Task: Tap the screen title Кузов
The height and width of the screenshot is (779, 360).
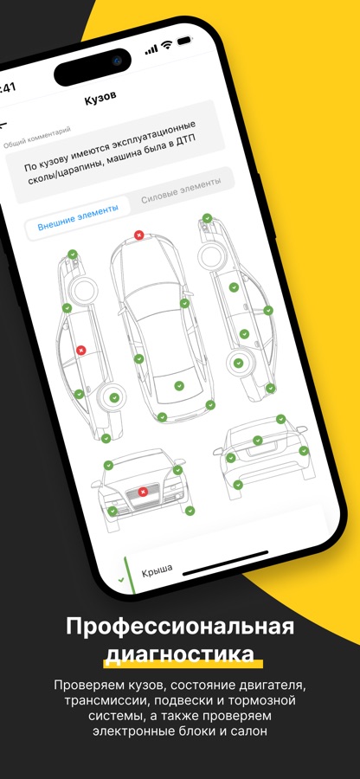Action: tap(100, 98)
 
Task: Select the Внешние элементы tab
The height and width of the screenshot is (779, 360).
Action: tap(79, 217)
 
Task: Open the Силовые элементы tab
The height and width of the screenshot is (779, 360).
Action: tap(181, 190)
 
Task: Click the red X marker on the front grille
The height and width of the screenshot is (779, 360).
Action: tap(144, 492)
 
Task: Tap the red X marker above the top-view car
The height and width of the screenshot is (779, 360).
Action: tap(139, 235)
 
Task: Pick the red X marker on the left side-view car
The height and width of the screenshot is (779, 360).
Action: tap(81, 351)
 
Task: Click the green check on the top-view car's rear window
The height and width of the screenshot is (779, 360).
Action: tap(179, 385)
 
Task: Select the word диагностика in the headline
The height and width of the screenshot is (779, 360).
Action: tap(180, 654)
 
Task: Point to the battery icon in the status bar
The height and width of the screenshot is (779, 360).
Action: tap(184, 40)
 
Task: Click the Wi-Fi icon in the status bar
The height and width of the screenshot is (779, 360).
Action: tap(166, 45)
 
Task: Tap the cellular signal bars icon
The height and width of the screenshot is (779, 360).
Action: tap(151, 49)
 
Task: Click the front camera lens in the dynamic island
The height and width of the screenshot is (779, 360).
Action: tap(117, 61)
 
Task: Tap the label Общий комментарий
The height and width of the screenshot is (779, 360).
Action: tap(36, 137)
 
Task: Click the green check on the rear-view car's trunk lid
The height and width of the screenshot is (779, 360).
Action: tap(257, 441)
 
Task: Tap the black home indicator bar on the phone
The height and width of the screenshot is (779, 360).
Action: tap(226, 563)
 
